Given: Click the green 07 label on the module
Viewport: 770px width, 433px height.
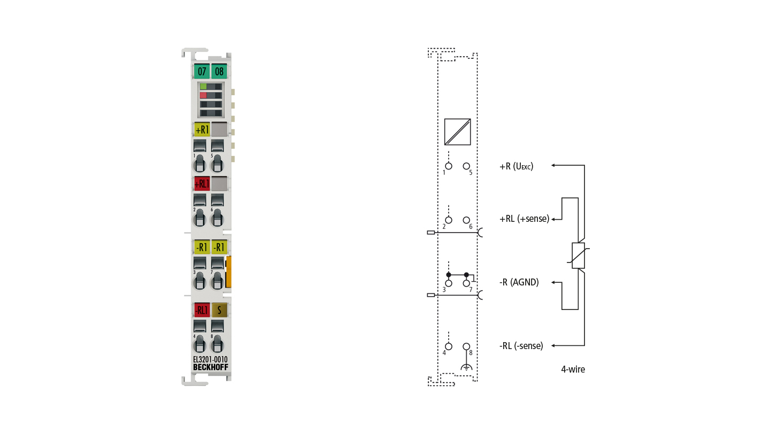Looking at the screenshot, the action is click(x=202, y=71).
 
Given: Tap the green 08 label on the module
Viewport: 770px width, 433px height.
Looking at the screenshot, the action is click(x=219, y=71).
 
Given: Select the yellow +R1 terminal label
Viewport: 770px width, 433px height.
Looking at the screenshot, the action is click(x=202, y=129).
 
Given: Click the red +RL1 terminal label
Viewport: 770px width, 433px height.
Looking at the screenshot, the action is click(x=202, y=184).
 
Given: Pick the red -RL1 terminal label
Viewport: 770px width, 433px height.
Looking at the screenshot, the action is click(x=202, y=310).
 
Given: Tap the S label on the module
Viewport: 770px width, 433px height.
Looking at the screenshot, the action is click(x=219, y=310).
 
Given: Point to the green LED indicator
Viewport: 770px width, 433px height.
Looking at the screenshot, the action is click(x=203, y=87).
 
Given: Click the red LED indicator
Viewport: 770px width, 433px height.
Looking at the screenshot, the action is click(x=203, y=95).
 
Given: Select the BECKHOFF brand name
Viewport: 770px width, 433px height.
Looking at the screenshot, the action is click(x=210, y=367).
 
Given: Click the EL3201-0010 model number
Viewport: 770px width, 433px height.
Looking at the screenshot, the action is click(x=210, y=359).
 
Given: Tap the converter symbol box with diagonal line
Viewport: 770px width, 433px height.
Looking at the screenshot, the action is click(x=457, y=132).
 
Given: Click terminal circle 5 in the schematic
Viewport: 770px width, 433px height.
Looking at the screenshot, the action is click(x=466, y=166).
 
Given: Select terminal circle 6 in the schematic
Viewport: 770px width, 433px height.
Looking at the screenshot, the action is click(x=466, y=220).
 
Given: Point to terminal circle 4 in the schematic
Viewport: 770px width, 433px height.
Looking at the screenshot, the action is click(x=448, y=346).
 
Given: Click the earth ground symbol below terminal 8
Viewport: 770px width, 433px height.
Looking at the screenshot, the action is click(x=466, y=367).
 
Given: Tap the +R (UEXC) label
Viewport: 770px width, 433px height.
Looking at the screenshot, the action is click(x=517, y=166).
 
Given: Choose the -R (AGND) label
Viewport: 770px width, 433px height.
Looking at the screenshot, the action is click(x=519, y=282).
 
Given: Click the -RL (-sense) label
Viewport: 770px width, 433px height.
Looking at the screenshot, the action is click(x=521, y=346).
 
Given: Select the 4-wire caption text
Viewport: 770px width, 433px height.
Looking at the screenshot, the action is click(x=573, y=369).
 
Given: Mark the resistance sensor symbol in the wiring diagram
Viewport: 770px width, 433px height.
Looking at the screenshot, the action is click(x=578, y=256).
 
